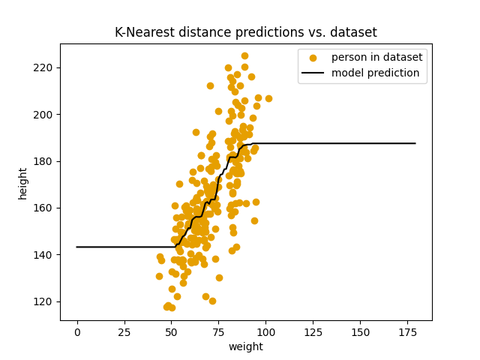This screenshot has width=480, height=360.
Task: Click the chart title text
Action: point(245,32)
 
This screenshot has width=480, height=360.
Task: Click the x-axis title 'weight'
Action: point(245,346)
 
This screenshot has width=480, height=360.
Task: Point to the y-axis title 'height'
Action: point(23,182)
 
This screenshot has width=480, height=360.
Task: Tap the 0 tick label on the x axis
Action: point(77,331)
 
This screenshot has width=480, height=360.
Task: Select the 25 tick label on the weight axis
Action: point(124,331)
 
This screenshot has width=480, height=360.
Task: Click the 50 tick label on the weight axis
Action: point(171,331)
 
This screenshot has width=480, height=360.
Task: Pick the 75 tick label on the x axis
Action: point(218,331)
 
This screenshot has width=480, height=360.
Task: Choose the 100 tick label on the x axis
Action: point(265,331)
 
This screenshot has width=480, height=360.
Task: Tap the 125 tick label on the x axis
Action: point(313,331)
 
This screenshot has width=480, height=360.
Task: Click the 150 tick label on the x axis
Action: point(360,331)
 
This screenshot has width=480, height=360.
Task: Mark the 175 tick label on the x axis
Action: point(407,331)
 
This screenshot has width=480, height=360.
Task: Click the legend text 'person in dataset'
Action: point(376,58)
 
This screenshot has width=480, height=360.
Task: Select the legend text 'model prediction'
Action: point(376,73)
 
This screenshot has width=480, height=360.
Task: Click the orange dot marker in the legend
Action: point(313,58)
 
